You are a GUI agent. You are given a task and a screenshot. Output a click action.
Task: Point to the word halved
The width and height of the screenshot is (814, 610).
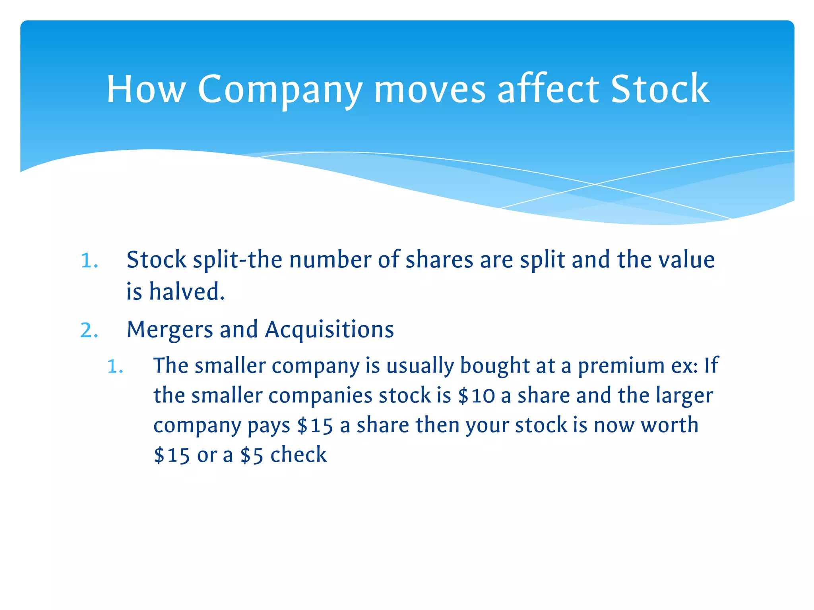187,291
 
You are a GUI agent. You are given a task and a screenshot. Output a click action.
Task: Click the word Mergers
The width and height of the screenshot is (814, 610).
170,330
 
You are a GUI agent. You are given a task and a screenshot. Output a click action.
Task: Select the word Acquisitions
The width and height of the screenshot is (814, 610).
329,330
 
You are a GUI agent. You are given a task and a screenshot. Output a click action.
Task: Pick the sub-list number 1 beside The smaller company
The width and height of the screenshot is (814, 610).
115,367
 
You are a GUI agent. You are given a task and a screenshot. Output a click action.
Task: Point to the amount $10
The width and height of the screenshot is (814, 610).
476,396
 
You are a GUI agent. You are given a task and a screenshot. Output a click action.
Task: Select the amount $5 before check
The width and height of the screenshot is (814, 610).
252,456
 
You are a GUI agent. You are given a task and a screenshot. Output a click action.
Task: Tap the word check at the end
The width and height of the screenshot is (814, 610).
298,455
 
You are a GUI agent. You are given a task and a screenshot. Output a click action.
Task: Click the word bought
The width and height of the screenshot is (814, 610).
494,366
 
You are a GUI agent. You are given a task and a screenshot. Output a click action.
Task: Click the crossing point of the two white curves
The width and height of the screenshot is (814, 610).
595,184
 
